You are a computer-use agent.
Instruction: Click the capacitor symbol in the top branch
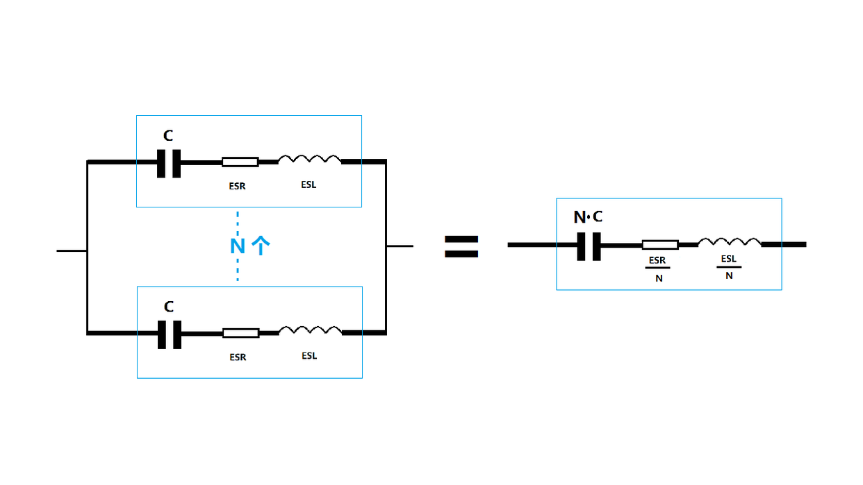click(169, 163)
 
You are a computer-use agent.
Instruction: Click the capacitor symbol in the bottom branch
click(169, 334)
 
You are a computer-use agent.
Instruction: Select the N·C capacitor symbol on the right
click(589, 245)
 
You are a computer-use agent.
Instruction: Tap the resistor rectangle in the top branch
click(240, 162)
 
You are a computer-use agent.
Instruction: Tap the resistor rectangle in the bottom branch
click(240, 333)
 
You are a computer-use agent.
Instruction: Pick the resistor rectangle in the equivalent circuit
click(659, 244)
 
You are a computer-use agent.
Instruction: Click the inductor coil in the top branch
click(309, 160)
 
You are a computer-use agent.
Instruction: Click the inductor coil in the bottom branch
click(310, 331)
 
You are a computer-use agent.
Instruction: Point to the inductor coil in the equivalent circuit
click(729, 242)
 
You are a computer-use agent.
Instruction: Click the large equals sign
click(461, 246)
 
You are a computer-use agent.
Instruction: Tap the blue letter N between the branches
click(238, 246)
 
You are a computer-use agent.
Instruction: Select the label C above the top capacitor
click(168, 135)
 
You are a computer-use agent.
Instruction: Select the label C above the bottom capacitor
click(168, 307)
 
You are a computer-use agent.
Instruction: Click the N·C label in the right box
click(588, 217)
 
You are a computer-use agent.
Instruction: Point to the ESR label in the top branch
click(237, 186)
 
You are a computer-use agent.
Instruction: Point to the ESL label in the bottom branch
click(309, 356)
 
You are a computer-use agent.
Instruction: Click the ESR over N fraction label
click(657, 269)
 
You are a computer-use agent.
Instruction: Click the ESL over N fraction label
click(729, 266)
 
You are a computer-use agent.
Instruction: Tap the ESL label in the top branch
click(309, 185)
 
